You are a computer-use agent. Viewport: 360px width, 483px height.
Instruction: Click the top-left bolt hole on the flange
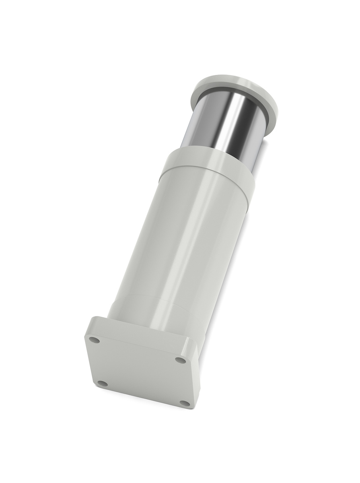click(x=95, y=340)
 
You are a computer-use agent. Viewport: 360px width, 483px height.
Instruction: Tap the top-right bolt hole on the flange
click(x=181, y=360)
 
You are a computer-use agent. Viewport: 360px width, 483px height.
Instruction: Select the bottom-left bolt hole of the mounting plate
click(x=103, y=383)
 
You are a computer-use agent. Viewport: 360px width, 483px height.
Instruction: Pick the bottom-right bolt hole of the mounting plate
click(x=184, y=403)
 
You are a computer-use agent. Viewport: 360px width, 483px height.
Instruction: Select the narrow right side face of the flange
click(x=195, y=374)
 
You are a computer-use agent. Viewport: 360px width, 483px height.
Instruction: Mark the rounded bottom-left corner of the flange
click(x=97, y=388)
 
